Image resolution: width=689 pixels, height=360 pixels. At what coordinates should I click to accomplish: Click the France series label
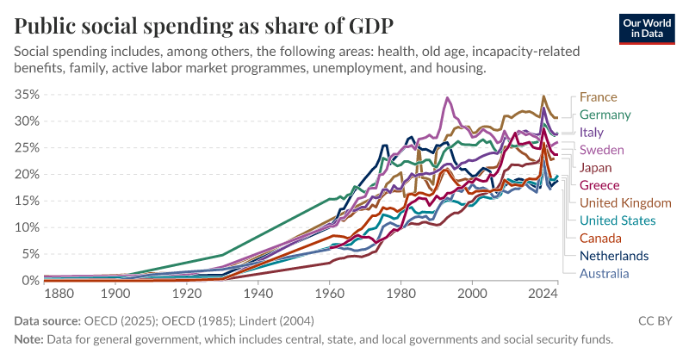pos(598,97)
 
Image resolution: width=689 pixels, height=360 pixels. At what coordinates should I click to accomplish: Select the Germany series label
pos(605,115)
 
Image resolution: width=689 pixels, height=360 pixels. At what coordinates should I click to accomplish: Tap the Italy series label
pos(591,133)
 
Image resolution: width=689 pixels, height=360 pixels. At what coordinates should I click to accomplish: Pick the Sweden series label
pos(602,150)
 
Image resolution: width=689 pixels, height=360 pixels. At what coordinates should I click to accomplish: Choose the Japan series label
pos(596,167)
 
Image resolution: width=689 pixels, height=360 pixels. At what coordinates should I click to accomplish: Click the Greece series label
pos(599,185)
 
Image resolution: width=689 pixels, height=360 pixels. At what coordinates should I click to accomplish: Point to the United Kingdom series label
pos(625,203)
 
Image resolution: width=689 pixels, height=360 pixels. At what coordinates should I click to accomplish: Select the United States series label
pos(618,220)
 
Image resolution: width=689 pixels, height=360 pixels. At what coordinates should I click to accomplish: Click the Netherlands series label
pos(614,256)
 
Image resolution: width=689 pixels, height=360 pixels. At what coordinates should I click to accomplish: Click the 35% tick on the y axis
pos(28,95)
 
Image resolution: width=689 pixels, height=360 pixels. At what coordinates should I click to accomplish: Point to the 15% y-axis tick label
pos(28,201)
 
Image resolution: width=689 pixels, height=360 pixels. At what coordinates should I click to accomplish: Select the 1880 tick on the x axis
pos(58,295)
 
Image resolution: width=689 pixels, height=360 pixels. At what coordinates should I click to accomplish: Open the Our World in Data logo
pos(648,28)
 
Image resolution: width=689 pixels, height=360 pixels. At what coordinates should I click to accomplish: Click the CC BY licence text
pos(655,321)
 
